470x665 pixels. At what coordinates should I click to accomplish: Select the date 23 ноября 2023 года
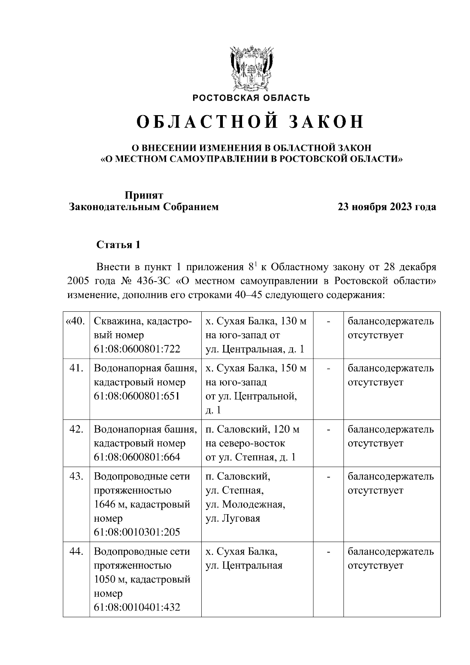[x=387, y=207]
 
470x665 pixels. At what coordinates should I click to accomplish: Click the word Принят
[x=144, y=195]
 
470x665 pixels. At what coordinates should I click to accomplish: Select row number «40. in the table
[x=75, y=322]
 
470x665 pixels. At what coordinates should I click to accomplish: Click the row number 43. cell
[x=76, y=477]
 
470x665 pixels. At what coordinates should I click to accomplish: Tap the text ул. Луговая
[x=233, y=519]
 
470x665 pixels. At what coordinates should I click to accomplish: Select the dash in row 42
[x=329, y=430]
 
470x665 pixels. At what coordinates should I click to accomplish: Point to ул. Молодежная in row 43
[x=246, y=504]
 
